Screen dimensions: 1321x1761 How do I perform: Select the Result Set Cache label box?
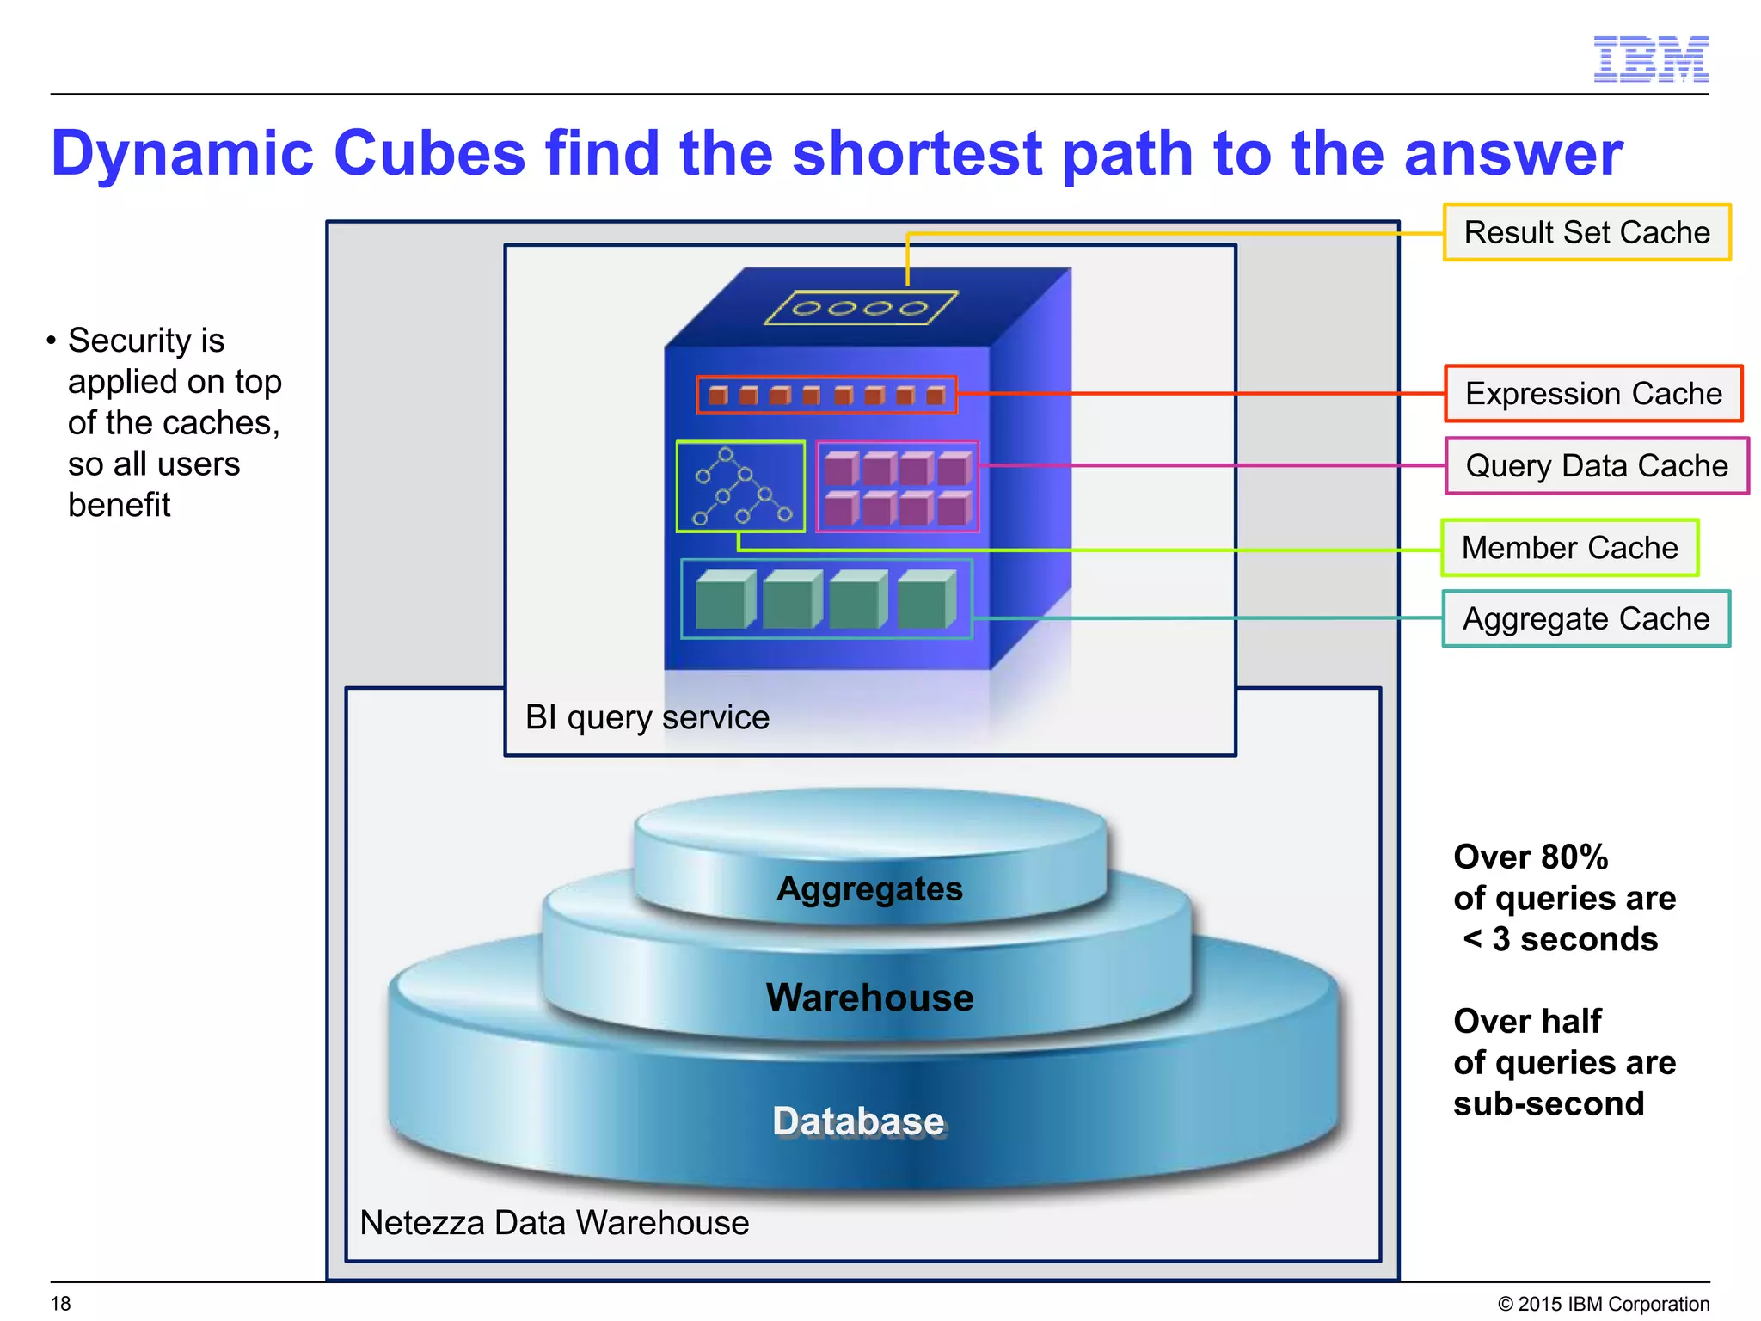pos(1586,232)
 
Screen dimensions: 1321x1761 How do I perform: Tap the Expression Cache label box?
pos(1592,393)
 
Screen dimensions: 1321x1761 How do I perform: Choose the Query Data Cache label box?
pos(1596,465)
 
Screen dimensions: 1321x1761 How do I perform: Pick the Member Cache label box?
pos(1569,547)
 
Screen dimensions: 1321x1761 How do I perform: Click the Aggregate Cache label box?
pos(1586,618)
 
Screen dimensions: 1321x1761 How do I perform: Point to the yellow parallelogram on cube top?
pos(860,308)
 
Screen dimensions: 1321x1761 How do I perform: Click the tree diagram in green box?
pos(740,487)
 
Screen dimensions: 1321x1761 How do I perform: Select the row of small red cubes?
pos(826,395)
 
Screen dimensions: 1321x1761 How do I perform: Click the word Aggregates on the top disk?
pos(869,888)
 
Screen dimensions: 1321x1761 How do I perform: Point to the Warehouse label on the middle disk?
pos(869,998)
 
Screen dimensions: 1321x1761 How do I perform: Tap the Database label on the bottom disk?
pos(858,1121)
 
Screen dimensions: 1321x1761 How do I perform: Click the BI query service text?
pos(647,717)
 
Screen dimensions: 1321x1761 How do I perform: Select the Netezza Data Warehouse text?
pos(554,1222)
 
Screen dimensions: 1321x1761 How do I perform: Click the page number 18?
pos(60,1304)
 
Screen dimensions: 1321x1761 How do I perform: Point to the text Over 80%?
pos(1530,857)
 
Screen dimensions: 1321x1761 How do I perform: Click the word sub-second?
pos(1548,1103)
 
